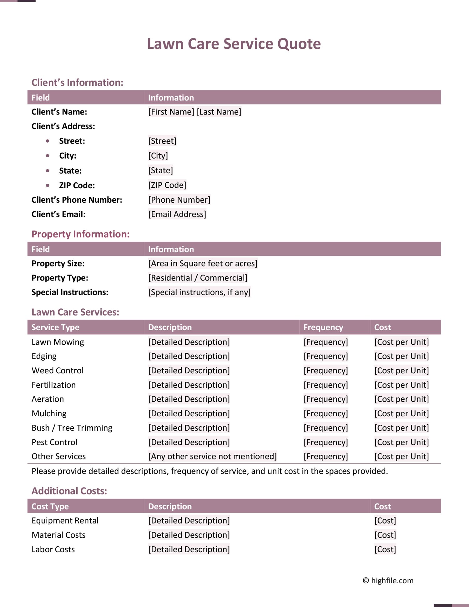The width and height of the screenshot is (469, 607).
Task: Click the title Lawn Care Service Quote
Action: pos(234,44)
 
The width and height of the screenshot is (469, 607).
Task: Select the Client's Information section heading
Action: pos(77,83)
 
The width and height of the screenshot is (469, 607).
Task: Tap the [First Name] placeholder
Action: pos(171,112)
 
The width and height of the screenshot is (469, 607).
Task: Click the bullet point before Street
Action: pos(48,141)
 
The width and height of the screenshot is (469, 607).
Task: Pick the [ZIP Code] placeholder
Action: pos(167,185)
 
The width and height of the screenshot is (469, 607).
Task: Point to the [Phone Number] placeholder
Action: pos(179,200)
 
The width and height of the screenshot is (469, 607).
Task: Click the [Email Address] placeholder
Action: pos(177,214)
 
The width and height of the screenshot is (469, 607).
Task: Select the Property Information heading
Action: pos(80,234)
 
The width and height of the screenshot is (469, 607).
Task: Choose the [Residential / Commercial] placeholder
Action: pos(198,278)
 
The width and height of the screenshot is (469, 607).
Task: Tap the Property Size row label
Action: pos(58,263)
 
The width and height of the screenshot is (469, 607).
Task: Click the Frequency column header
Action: pos(323,327)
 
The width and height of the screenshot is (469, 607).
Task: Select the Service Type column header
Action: pos(55,327)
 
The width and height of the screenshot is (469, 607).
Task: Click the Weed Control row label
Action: pos(58,371)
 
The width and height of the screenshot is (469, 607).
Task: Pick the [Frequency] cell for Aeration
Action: pos(325,399)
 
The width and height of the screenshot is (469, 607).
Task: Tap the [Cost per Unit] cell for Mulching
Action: pos(401,413)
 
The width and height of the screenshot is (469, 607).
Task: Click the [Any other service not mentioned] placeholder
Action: pos(212,457)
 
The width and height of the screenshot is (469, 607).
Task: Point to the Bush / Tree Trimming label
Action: pos(72,428)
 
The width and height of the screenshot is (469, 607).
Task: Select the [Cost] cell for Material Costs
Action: pos(385,535)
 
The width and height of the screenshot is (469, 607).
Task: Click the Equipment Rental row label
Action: pos(65,521)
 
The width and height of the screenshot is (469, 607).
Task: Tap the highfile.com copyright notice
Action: pos(388,581)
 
